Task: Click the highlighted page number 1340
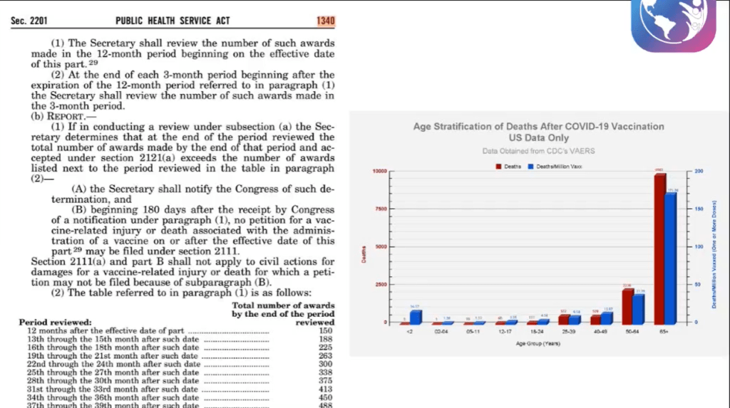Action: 326,21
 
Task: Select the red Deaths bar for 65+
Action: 659,249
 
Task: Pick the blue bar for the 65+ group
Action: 671,258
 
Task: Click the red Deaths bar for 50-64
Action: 627,305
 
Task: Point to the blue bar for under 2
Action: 416,316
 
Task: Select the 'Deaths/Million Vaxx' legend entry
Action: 548,166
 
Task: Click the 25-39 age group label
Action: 569,332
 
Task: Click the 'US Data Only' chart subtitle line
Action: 539,137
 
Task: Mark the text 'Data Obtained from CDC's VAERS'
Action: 539,151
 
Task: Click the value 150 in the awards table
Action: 327,330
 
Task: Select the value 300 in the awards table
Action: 327,364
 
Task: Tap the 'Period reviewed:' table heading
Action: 56,323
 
